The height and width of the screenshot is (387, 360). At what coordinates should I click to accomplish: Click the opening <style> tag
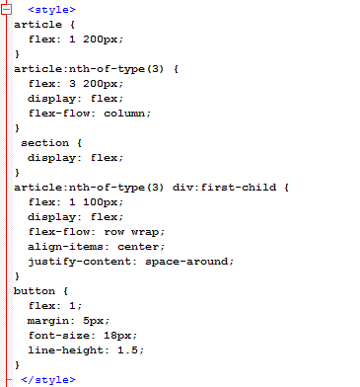[x=51, y=9]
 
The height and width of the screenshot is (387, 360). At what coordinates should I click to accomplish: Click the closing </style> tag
[x=47, y=379]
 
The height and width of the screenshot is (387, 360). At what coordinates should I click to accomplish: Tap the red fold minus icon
[x=7, y=9]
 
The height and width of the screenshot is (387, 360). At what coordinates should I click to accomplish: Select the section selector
[x=44, y=142]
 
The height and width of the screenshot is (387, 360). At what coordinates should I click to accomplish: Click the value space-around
[x=189, y=261]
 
